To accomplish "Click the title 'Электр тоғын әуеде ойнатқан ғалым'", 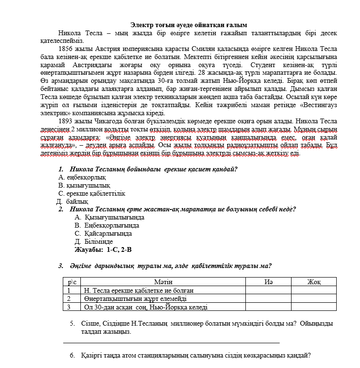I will pyautogui.click(x=189, y=25).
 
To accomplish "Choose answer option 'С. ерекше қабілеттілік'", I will pyautogui.click(x=92, y=193).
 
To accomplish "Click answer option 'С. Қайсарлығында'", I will pyautogui.click(x=103, y=233).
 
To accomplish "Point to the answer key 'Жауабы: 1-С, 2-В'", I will pyautogui.click(x=103, y=249).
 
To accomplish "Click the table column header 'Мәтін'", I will pyautogui.click(x=163, y=282).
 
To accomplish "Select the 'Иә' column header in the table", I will pyautogui.click(x=268, y=282).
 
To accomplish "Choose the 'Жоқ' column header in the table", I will pyautogui.click(x=313, y=282).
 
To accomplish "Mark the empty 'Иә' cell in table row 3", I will pyautogui.click(x=268, y=307).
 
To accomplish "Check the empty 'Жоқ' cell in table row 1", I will pyautogui.click(x=313, y=290).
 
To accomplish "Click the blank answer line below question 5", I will pyautogui.click(x=171, y=342).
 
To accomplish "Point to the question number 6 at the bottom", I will pyautogui.click(x=72, y=355).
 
